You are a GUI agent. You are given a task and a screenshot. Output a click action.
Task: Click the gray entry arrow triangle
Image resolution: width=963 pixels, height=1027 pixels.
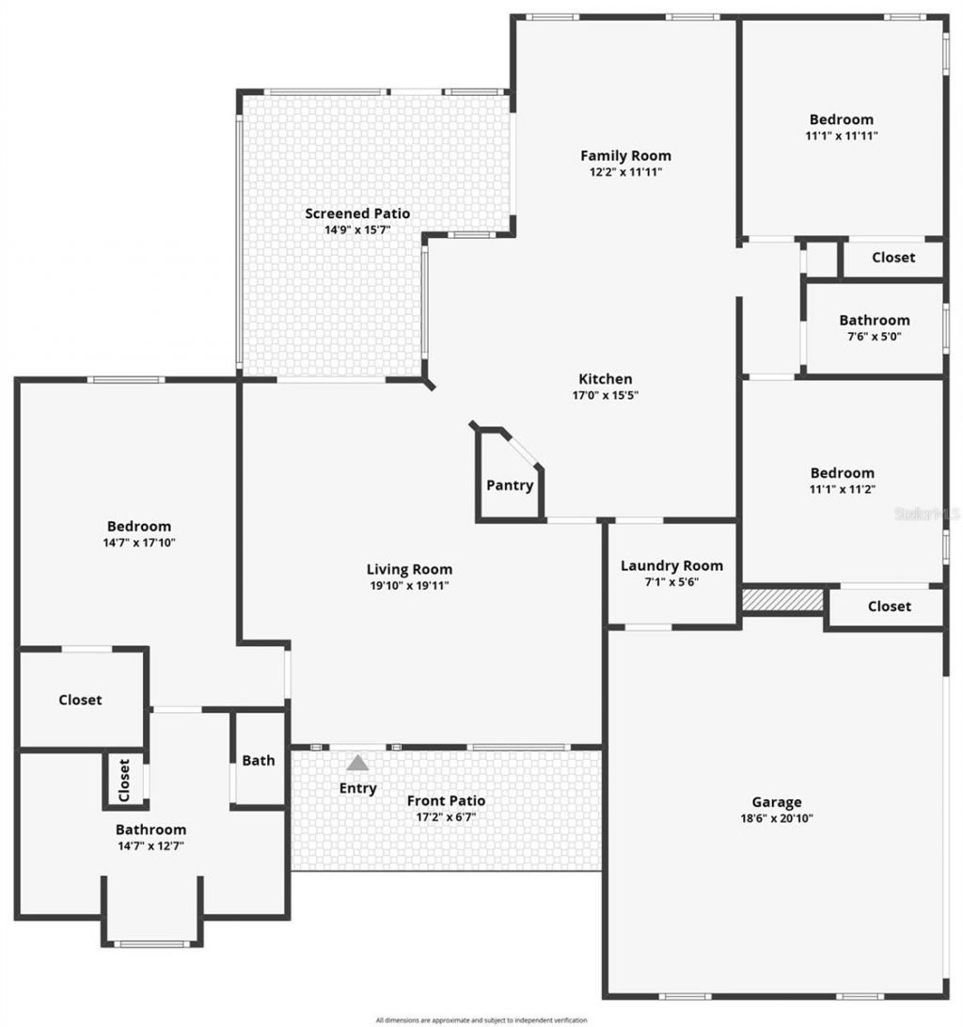tap(357, 764)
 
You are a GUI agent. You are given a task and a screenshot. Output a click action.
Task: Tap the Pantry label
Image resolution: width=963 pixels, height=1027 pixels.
tap(510, 485)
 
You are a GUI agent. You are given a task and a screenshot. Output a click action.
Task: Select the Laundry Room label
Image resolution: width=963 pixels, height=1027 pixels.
tap(671, 565)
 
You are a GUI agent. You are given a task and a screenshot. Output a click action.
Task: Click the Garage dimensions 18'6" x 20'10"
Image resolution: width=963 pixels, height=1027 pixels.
tap(776, 818)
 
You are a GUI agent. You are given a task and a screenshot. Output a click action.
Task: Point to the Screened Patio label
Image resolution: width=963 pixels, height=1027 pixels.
tap(357, 213)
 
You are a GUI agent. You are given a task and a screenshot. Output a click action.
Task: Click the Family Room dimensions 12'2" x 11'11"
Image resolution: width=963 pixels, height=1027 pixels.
tap(625, 172)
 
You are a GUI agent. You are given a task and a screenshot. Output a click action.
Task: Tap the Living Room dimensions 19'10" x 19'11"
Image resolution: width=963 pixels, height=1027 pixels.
tap(409, 585)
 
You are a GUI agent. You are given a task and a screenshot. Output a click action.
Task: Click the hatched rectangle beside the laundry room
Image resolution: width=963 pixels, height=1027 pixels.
tap(782, 599)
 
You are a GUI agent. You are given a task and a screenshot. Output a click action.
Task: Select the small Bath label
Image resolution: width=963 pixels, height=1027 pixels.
tap(259, 760)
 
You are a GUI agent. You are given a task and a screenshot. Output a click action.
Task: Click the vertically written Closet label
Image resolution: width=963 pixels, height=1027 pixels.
tap(124, 780)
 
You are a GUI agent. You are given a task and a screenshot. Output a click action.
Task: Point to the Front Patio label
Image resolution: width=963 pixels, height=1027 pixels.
tap(446, 800)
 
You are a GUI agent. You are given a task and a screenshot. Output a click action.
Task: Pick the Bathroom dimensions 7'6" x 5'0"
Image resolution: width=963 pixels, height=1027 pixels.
tap(875, 336)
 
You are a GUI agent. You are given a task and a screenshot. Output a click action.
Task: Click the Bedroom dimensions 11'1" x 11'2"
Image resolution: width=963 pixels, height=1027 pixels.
tap(842, 489)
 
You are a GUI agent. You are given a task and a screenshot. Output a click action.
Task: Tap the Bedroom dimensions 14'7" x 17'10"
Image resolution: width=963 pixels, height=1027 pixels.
tap(139, 543)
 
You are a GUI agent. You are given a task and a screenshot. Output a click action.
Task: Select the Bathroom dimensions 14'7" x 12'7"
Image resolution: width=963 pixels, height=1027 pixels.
tap(150, 845)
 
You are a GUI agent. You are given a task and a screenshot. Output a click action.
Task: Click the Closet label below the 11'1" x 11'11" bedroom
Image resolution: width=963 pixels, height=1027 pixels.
tap(892, 257)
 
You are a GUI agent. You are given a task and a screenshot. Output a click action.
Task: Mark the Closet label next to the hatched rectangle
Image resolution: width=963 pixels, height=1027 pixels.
tap(889, 607)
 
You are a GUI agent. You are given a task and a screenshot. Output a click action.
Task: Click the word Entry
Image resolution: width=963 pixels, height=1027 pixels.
tap(357, 788)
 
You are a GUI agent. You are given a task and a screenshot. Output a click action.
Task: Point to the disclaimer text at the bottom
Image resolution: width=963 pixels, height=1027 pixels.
tap(481, 1019)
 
